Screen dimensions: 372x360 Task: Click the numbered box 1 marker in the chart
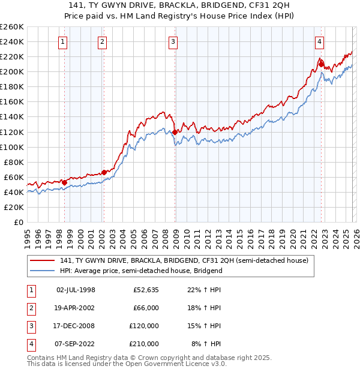coord(64,42)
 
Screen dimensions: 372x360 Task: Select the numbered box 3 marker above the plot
coord(173,42)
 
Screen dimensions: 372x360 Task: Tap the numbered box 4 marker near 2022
coord(319,42)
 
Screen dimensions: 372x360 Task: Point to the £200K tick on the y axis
coord(12,71)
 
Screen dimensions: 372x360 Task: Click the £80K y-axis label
coord(14,162)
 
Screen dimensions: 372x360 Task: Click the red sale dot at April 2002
coord(104,172)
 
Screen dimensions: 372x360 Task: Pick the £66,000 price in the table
coord(146,308)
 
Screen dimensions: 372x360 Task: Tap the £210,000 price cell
coord(144,344)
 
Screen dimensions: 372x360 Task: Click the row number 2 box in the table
coord(31,308)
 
